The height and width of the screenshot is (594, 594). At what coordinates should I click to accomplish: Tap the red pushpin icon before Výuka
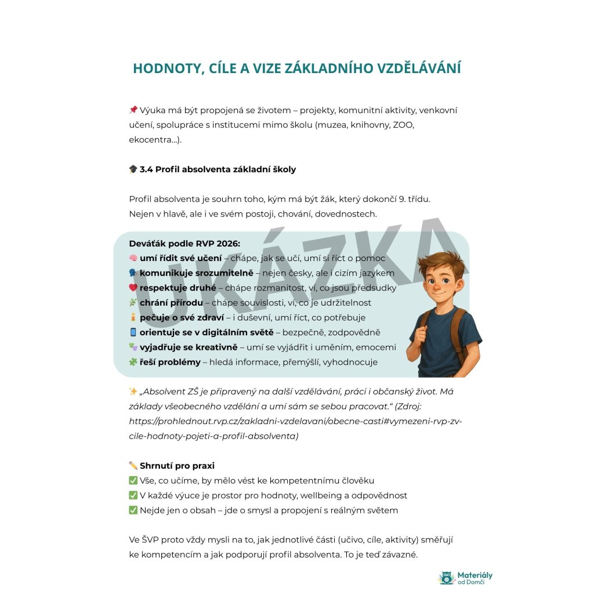pyautogui.click(x=133, y=110)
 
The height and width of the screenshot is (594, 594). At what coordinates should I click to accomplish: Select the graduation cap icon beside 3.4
pyautogui.click(x=133, y=169)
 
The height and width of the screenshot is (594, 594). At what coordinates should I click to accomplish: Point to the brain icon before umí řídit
pyautogui.click(x=133, y=258)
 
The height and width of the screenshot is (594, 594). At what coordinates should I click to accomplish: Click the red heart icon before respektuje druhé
pyautogui.click(x=133, y=288)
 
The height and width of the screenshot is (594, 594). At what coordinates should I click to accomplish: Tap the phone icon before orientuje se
pyautogui.click(x=133, y=332)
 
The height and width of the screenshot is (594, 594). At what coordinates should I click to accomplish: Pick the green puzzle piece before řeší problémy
pyautogui.click(x=133, y=362)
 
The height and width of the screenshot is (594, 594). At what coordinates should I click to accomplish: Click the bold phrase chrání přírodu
pyautogui.click(x=171, y=303)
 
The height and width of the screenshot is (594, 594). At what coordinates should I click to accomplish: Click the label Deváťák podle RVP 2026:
pyautogui.click(x=184, y=243)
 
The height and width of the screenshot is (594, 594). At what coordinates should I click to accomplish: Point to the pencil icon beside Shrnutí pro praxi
pyautogui.click(x=133, y=466)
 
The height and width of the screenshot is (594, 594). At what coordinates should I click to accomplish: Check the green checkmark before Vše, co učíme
pyautogui.click(x=133, y=481)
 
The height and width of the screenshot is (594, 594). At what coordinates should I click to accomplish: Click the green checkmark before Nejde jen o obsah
pyautogui.click(x=133, y=510)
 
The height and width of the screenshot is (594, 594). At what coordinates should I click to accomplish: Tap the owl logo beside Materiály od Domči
pyautogui.click(x=446, y=577)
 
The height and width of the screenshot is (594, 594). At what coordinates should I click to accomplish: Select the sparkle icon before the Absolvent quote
pyautogui.click(x=133, y=392)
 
